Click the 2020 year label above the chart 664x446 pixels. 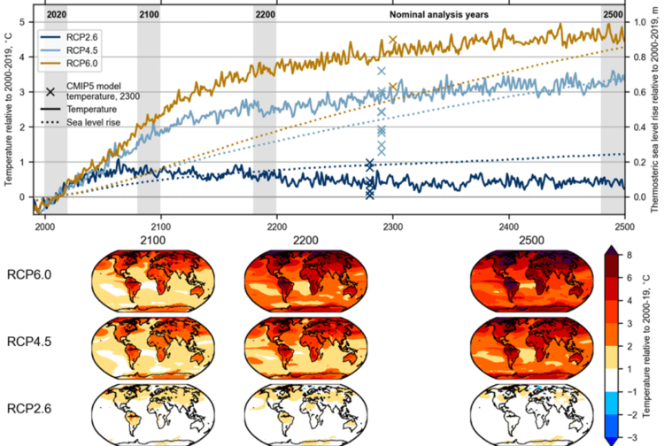(x=55, y=15)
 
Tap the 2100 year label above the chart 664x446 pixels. (x=149, y=15)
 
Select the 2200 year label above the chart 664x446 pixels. (x=265, y=15)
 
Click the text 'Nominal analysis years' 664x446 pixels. (x=438, y=15)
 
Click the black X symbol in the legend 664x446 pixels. (x=50, y=92)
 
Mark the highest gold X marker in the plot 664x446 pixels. (x=393, y=41)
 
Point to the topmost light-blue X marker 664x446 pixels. (x=382, y=71)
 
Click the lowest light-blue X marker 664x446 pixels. (x=382, y=150)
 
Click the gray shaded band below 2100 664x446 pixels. (x=149, y=115)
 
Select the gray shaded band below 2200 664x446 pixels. (x=265, y=115)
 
